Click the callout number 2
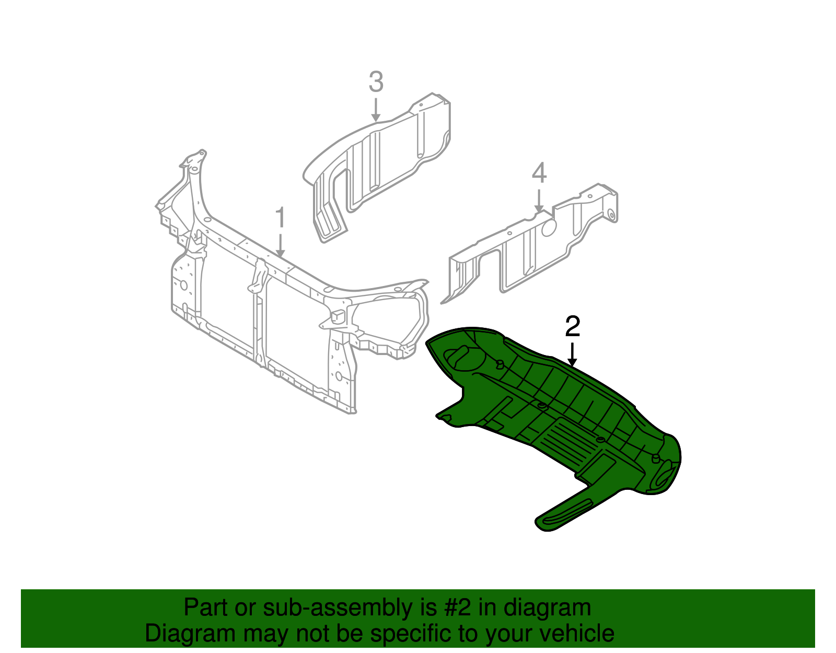573,327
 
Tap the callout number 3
376,83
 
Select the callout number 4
539,174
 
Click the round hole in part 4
549,228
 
